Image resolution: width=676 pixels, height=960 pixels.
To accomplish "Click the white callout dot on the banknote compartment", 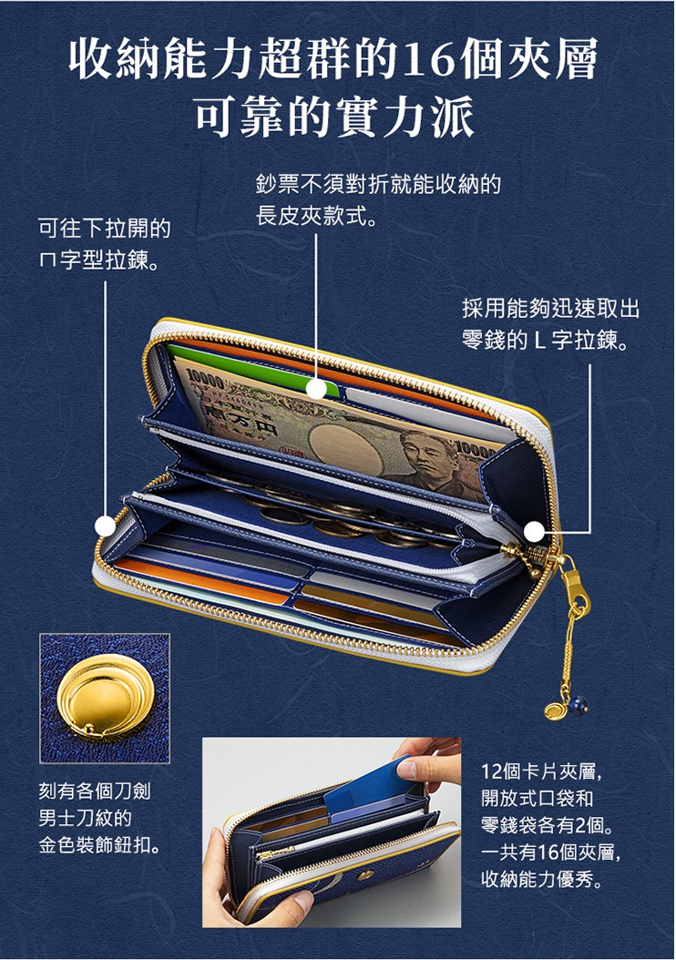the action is [x=316, y=389].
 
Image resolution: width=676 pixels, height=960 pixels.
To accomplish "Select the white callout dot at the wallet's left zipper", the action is [x=106, y=526].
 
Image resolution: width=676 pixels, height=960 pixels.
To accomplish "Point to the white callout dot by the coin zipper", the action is [x=535, y=531].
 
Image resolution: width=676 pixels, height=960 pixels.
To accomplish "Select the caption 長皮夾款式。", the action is [x=317, y=215].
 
